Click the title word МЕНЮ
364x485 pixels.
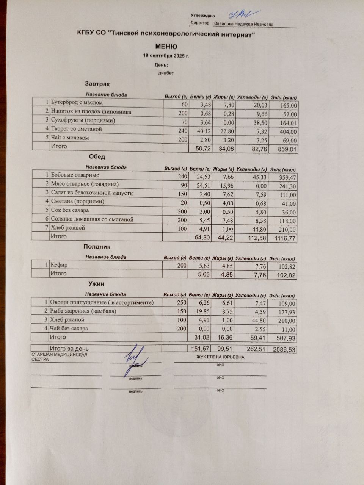pyautogui.click(x=166, y=47)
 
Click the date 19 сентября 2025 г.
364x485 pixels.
pyautogui.click(x=166, y=56)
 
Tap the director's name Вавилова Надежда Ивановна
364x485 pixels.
pyautogui.click(x=243, y=24)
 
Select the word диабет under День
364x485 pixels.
pyautogui.click(x=166, y=73)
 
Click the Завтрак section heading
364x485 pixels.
pyautogui.click(x=97, y=84)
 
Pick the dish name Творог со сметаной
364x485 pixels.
pyautogui.click(x=76, y=129)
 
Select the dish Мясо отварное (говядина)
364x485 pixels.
pyautogui.click(x=85, y=184)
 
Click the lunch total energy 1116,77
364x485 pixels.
pyautogui.click(x=284, y=238)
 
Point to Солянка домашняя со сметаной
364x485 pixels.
pyautogui.click(x=92, y=219)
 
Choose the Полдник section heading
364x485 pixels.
pyautogui.click(x=97, y=247)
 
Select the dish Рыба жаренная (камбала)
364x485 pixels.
pyautogui.click(x=83, y=311)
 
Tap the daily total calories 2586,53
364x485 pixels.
pyautogui.click(x=284, y=350)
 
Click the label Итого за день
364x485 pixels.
pyautogui.click(x=69, y=348)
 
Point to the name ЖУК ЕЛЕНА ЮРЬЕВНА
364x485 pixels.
pyautogui.click(x=220, y=357)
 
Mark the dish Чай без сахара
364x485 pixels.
pyautogui.click(x=69, y=329)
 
